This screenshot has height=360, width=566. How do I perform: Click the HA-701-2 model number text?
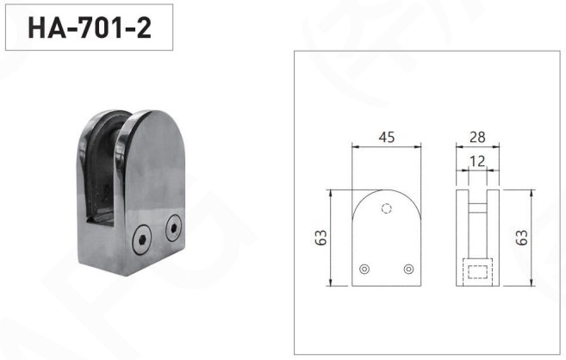pos(90,28)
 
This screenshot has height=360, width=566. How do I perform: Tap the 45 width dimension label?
pos(387,137)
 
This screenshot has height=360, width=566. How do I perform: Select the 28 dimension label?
pos(477,137)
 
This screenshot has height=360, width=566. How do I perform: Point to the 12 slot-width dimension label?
pos(477,161)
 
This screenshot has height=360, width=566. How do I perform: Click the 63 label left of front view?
pos(320,238)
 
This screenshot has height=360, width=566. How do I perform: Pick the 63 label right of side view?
pos(521,238)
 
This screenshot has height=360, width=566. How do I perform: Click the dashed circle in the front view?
pos(387,208)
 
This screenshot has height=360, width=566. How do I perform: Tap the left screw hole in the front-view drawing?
pos(364,269)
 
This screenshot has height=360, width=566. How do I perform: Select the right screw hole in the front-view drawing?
pos(408,269)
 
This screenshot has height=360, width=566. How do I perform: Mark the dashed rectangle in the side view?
pos(477,271)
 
